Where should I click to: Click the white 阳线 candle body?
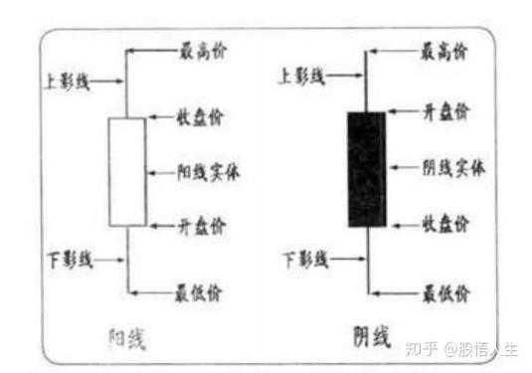click(126, 171)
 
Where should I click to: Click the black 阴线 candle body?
click(366, 169)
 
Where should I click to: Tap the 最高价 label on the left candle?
click(202, 49)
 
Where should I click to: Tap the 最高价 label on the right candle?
click(443, 49)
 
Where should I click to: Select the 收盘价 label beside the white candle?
click(202, 118)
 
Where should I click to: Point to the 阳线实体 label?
click(209, 170)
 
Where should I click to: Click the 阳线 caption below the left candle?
click(126, 339)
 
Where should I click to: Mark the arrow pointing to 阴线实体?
click(404, 168)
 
